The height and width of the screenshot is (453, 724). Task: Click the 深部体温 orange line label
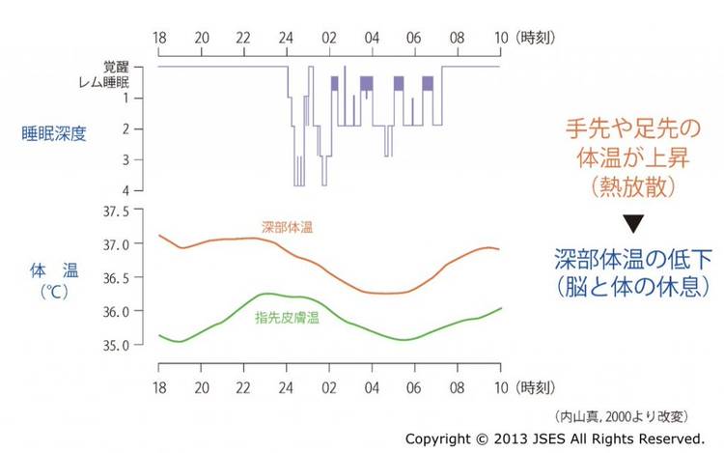pyautogui.click(x=288, y=228)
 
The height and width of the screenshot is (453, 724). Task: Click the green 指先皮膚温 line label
pyautogui.click(x=288, y=317)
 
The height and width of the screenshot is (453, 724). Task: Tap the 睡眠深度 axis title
pyautogui.click(x=54, y=133)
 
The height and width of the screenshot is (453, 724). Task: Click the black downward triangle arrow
pyautogui.click(x=632, y=225)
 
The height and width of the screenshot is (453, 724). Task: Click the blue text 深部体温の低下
pyautogui.click(x=633, y=259)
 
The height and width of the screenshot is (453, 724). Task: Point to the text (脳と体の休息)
pyautogui.click(x=633, y=287)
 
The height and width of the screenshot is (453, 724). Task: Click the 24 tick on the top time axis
pyautogui.click(x=285, y=40)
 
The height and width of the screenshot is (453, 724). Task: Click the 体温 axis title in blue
pyautogui.click(x=54, y=273)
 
